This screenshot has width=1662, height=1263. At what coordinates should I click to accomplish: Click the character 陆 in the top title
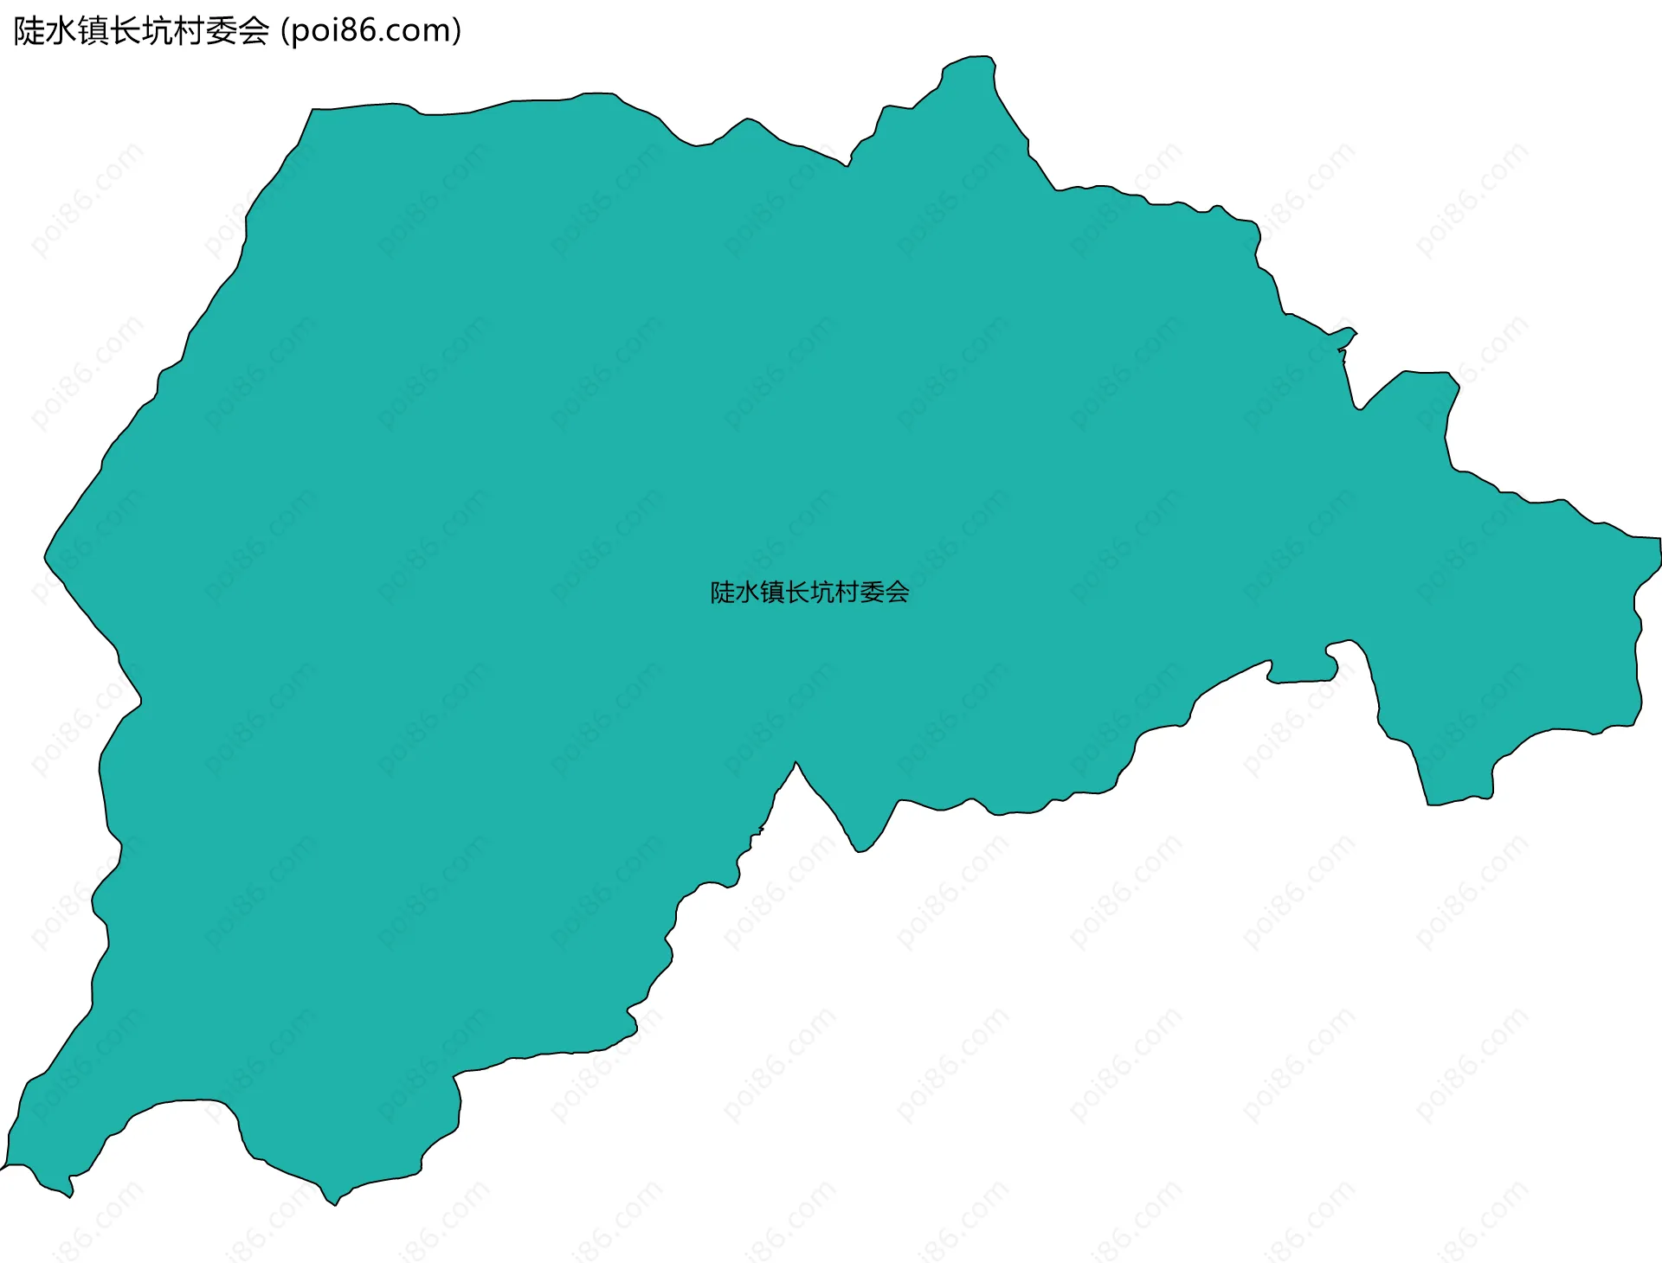click(x=29, y=31)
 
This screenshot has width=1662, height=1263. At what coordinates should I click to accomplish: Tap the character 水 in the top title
click(x=61, y=31)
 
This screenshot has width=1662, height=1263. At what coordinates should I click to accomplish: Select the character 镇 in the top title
click(x=93, y=31)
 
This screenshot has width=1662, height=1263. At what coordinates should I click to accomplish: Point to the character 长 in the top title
click(x=126, y=31)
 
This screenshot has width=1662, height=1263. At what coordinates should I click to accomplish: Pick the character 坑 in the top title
click(x=158, y=31)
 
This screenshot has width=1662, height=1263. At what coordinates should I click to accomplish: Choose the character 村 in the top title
click(x=190, y=31)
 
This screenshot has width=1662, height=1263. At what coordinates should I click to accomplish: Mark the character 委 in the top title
click(x=222, y=31)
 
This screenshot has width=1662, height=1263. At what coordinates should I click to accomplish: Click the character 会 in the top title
click(x=254, y=31)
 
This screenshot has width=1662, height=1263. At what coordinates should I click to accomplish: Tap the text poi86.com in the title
click(x=371, y=31)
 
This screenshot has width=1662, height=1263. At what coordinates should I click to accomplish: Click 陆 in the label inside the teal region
click(x=723, y=593)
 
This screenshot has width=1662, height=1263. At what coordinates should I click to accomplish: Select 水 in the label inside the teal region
click(x=748, y=593)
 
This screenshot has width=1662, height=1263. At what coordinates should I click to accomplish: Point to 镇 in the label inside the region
click(x=773, y=593)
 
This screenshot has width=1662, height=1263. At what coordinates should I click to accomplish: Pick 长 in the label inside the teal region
click(x=798, y=593)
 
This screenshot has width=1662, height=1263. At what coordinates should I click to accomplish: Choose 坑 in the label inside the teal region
click(x=823, y=593)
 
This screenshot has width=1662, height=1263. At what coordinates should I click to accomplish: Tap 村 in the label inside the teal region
click(x=848, y=593)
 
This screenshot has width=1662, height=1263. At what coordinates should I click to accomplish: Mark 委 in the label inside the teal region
click(x=873, y=593)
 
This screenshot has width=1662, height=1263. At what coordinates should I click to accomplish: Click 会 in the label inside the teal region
click(x=898, y=593)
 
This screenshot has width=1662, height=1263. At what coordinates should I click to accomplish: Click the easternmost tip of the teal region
click(x=1659, y=541)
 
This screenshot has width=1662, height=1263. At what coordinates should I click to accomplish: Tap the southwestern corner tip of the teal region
click(x=3, y=1168)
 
